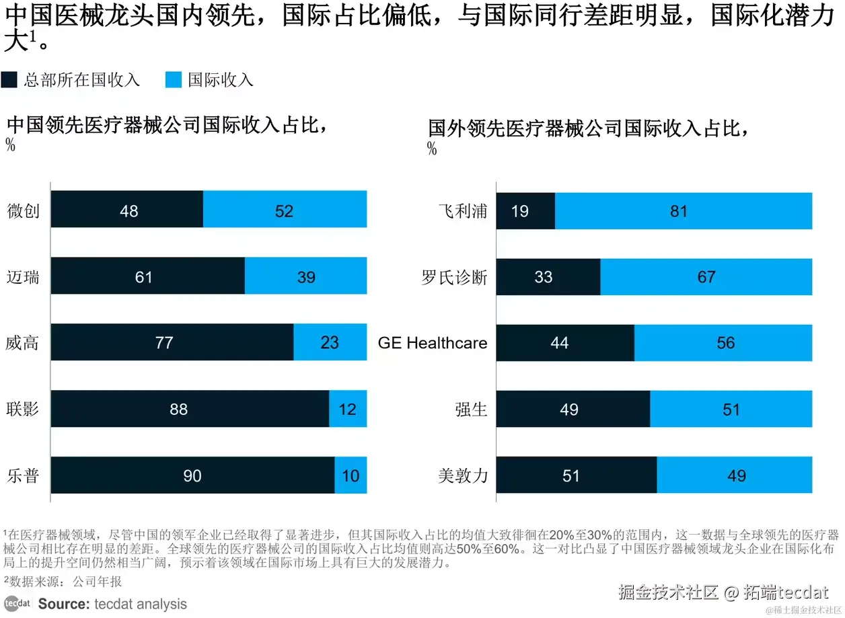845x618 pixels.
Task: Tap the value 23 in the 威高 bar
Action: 330,343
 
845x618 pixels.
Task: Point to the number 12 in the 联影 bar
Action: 348,409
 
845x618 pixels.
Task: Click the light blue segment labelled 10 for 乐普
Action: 351,475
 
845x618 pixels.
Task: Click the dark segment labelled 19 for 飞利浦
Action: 525,211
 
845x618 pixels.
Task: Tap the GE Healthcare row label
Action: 433,343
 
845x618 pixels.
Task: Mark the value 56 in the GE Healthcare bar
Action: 726,343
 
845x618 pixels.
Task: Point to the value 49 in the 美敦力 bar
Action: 737,475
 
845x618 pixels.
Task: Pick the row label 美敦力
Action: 462,475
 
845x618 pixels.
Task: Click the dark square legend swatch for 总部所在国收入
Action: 9,80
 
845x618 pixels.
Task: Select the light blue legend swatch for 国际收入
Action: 174,80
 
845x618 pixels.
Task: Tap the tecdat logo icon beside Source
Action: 17,603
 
